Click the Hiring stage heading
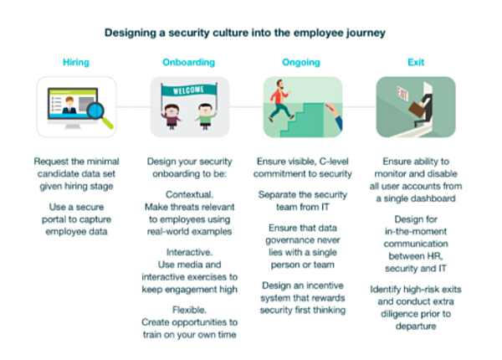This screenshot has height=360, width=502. (x=76, y=62)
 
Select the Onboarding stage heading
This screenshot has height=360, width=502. (x=188, y=62)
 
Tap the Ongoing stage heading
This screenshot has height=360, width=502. (x=301, y=62)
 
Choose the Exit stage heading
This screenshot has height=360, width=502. (x=416, y=62)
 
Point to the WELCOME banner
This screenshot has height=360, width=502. (x=188, y=90)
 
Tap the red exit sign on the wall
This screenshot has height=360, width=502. (x=402, y=94)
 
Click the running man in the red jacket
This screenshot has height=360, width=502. (x=279, y=100)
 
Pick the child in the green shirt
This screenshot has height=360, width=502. (x=205, y=116)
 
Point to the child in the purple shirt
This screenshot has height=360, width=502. (x=172, y=116)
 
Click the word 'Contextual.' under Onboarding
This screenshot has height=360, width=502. (x=189, y=194)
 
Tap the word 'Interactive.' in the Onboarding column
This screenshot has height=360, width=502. (x=189, y=252)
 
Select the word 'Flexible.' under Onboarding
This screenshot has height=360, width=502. (x=189, y=310)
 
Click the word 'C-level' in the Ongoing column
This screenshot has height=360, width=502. (x=334, y=162)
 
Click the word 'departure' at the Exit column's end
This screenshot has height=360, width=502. (x=416, y=327)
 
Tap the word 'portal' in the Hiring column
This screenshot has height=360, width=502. (x=54, y=219)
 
